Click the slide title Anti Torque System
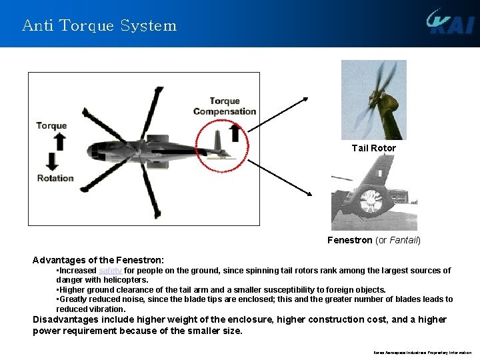click(99, 26)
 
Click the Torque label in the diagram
click(51, 125)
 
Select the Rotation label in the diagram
click(55, 178)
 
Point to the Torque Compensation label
click(225, 106)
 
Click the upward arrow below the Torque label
click(59, 141)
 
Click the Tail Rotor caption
click(373, 148)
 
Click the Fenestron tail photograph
click(374, 193)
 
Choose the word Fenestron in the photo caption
click(349, 240)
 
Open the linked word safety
click(110, 271)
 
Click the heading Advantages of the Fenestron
click(98, 259)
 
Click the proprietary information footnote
click(422, 353)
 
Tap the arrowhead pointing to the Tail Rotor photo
click(305, 99)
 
